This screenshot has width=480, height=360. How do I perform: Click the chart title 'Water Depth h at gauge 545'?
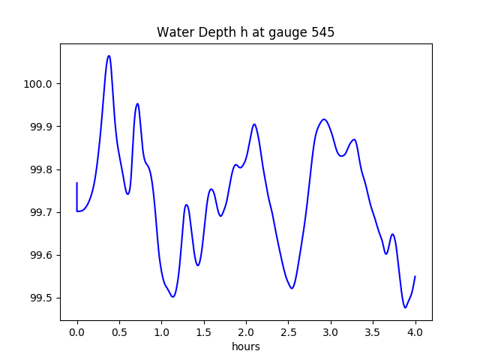tap(245, 32)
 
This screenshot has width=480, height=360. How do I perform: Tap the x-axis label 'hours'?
tap(245, 347)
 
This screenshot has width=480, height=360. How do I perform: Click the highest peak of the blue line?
tap(109, 55)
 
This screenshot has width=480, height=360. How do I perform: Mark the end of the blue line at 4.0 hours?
tap(415, 276)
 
